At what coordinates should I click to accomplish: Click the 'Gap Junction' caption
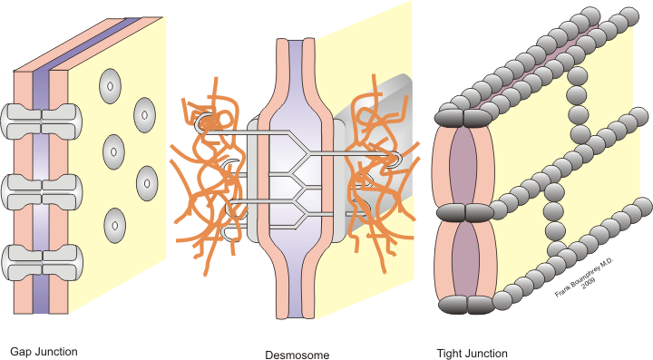44,352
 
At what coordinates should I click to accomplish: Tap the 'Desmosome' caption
297,355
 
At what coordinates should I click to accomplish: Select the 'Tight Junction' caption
473,354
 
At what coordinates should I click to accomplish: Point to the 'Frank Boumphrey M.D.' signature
584,277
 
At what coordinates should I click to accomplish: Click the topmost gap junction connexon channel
41,122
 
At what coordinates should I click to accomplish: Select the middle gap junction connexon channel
41,192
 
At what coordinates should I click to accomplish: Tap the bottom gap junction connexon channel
41,263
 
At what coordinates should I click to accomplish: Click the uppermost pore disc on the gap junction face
111,86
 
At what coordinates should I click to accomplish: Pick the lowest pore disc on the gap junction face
115,226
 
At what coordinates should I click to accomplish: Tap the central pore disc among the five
113,152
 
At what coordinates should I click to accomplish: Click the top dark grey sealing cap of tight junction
463,118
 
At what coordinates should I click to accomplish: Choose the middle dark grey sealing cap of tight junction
464,213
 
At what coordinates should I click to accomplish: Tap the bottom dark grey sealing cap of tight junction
467,305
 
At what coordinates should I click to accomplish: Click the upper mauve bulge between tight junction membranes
463,166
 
